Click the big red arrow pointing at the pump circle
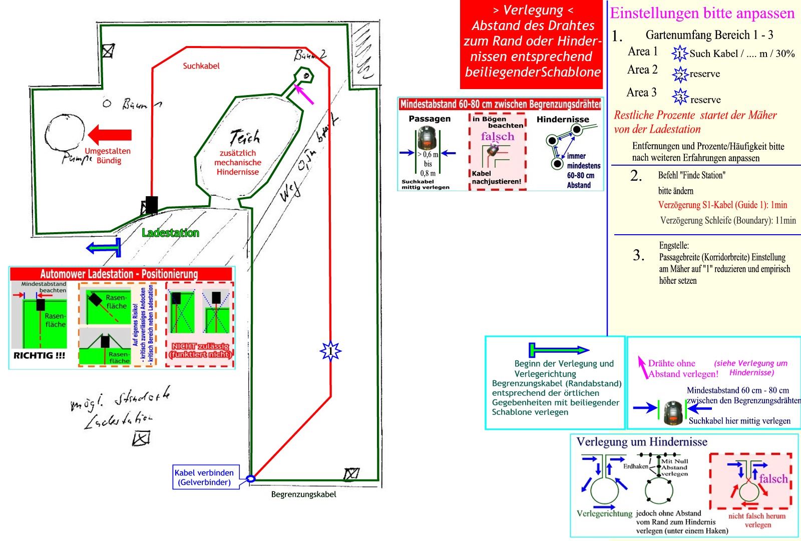click(x=110, y=135)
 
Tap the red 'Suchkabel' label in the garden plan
click(x=201, y=66)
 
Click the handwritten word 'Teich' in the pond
click(x=245, y=137)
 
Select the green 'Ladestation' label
click(x=170, y=233)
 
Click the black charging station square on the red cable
click(x=151, y=205)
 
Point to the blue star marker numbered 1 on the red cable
click(x=330, y=351)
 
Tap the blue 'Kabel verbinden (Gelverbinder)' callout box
click(x=204, y=477)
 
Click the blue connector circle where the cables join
click(x=251, y=478)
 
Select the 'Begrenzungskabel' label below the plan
click(x=303, y=494)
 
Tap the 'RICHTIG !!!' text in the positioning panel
click(x=39, y=355)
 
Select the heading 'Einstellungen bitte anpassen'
click(x=702, y=13)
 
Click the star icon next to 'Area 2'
click(x=680, y=74)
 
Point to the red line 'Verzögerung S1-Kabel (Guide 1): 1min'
click(x=722, y=205)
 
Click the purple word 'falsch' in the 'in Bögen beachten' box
click(x=497, y=137)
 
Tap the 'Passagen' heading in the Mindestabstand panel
click(x=430, y=119)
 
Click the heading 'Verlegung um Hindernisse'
click(x=642, y=442)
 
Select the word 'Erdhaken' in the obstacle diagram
click(x=635, y=466)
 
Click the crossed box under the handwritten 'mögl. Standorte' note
click(x=141, y=438)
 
